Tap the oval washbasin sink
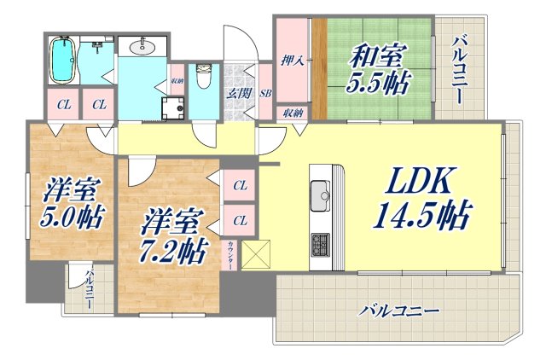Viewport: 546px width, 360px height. [x=142, y=47]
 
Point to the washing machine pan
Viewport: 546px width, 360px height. [x=177, y=107]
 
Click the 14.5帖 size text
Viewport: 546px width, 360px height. [x=421, y=217]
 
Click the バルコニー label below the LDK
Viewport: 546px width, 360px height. [x=398, y=311]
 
